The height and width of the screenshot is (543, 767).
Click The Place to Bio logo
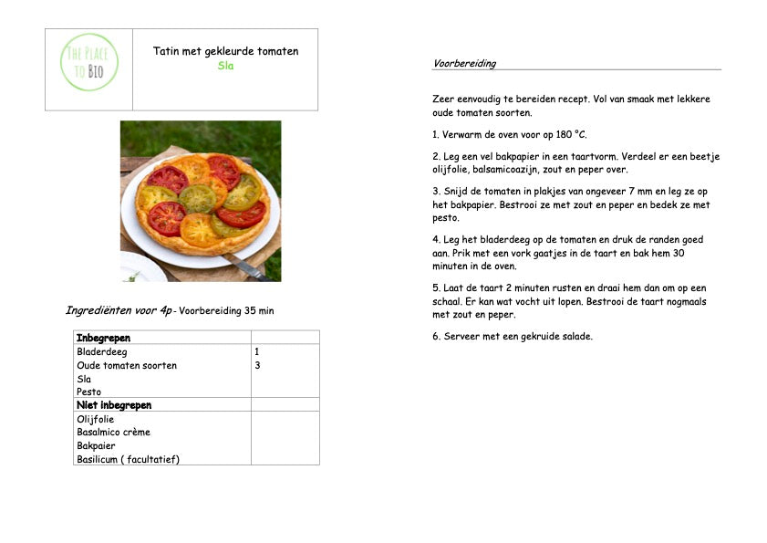coord(89,62)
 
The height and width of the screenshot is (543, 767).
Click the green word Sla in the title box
coord(225,67)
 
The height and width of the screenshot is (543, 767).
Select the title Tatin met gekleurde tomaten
coord(225,51)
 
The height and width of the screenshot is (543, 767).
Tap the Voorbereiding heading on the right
coord(464,64)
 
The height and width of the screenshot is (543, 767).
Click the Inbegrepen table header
coord(103,338)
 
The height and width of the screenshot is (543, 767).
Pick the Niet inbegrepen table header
coord(114,405)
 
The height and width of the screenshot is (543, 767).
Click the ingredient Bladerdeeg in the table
coord(102,351)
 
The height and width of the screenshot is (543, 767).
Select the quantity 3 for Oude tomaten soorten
coord(257,365)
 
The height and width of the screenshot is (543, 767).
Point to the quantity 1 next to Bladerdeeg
coord(256,351)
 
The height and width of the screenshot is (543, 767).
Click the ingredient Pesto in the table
coord(89,392)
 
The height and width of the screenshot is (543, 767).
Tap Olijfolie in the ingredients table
coord(96,418)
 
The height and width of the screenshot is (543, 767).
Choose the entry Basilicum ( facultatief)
coord(128,459)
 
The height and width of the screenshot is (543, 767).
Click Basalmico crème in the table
coord(113,432)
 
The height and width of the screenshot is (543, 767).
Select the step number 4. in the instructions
coord(436,239)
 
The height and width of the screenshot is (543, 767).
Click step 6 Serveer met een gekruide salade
coord(513,336)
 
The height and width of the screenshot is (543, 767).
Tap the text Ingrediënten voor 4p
coord(119,310)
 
